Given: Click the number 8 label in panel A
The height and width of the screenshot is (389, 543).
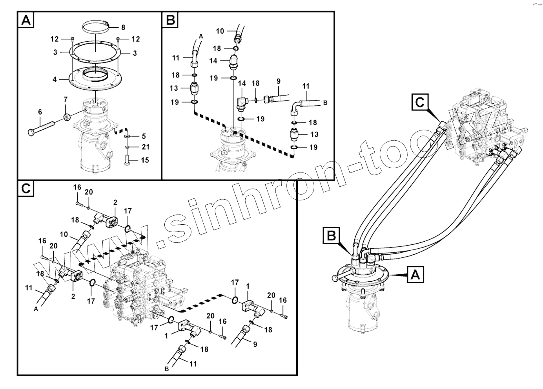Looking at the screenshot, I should pos(123,28).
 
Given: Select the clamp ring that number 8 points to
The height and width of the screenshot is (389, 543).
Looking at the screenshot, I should pos(96,28).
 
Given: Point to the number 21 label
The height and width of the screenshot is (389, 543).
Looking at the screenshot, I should pos(145,147).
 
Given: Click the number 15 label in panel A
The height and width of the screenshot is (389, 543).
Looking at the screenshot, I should pos(145,160).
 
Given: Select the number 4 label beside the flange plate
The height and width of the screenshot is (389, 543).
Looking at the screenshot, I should pos(55,79).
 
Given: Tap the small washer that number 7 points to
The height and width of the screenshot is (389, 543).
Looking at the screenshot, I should pos(67,117).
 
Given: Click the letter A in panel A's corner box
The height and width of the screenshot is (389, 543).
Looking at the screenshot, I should pos(26,20).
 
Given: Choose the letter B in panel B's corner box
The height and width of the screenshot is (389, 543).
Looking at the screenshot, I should pos(171,20).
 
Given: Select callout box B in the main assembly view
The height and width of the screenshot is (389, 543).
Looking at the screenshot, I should pos(331,236).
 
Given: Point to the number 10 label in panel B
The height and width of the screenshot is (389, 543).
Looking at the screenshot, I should pos(220,31).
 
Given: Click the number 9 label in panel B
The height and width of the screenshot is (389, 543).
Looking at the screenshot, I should pos(278,81).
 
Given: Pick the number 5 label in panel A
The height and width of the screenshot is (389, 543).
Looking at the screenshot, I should pos(144,136).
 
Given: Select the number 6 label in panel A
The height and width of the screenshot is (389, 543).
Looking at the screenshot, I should pos(40,112).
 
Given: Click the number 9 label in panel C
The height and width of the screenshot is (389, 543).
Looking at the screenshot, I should pos(255,344).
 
